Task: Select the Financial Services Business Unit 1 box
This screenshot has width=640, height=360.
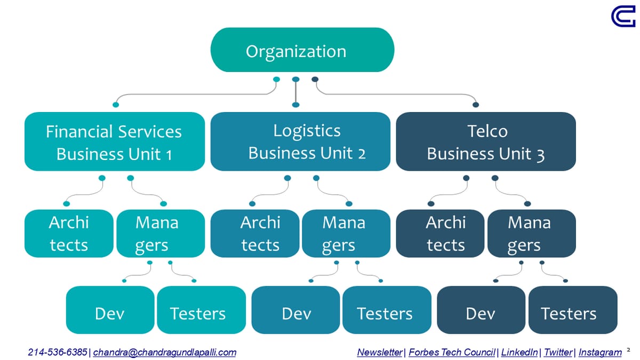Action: tap(114, 142)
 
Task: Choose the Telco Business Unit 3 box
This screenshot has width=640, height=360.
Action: tap(486, 142)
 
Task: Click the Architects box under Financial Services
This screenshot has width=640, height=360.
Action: tap(69, 234)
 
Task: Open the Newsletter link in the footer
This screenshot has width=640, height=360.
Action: tap(380, 353)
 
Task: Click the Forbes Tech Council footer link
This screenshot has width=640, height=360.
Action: tap(452, 353)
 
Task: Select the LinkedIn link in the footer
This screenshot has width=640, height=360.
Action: tap(519, 353)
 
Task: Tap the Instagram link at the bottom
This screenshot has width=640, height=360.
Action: tap(600, 353)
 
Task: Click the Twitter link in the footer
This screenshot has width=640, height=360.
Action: tap(558, 353)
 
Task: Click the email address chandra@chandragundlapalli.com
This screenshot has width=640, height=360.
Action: tap(165, 353)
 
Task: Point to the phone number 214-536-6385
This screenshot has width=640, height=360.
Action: tap(58, 353)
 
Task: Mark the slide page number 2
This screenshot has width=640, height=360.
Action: tap(629, 350)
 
